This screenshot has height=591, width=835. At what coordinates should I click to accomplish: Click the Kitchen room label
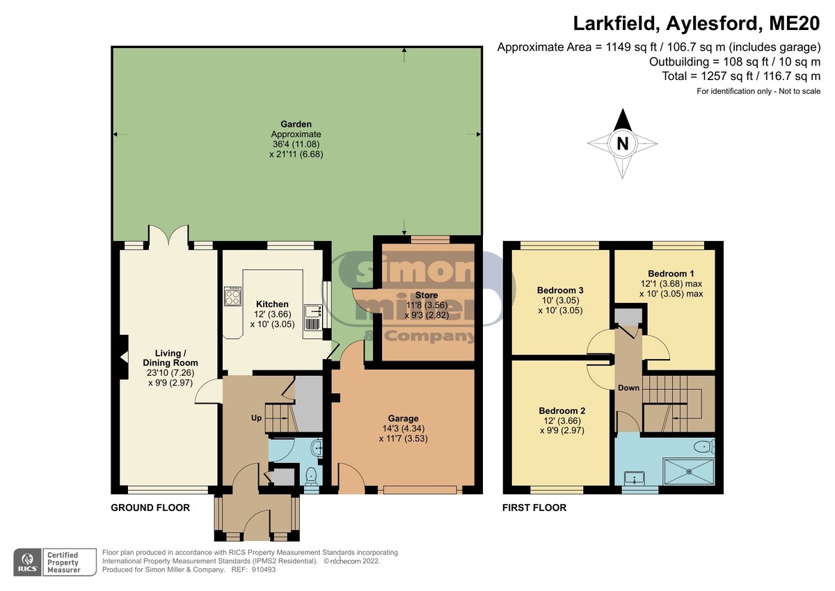(272, 304)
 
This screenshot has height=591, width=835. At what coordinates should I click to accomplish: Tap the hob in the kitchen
(232, 296)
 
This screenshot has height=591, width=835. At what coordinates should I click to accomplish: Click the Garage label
(404, 418)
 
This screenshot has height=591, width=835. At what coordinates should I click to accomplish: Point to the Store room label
(427, 295)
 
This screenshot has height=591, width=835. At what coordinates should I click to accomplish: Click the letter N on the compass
(623, 143)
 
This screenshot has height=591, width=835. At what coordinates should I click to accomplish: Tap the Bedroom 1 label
(671, 274)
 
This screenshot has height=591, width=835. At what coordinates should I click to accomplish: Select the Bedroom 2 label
(562, 411)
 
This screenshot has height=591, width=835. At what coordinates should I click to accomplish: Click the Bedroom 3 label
(560, 290)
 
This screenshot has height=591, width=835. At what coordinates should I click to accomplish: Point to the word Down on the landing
(629, 388)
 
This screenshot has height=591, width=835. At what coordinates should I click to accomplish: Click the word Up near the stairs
(256, 418)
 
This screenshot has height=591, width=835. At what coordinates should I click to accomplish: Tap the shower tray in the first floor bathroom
(689, 472)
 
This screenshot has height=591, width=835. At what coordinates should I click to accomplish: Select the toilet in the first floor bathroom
(704, 446)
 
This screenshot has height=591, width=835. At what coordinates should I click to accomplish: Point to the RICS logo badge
(27, 562)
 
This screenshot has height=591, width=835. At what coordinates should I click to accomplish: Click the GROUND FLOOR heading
(150, 507)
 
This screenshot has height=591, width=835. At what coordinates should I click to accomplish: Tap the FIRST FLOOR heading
(534, 507)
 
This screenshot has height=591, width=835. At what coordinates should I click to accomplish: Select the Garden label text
(296, 124)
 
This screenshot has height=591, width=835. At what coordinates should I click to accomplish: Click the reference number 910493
(264, 569)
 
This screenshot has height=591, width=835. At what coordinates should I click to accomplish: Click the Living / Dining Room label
(170, 358)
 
